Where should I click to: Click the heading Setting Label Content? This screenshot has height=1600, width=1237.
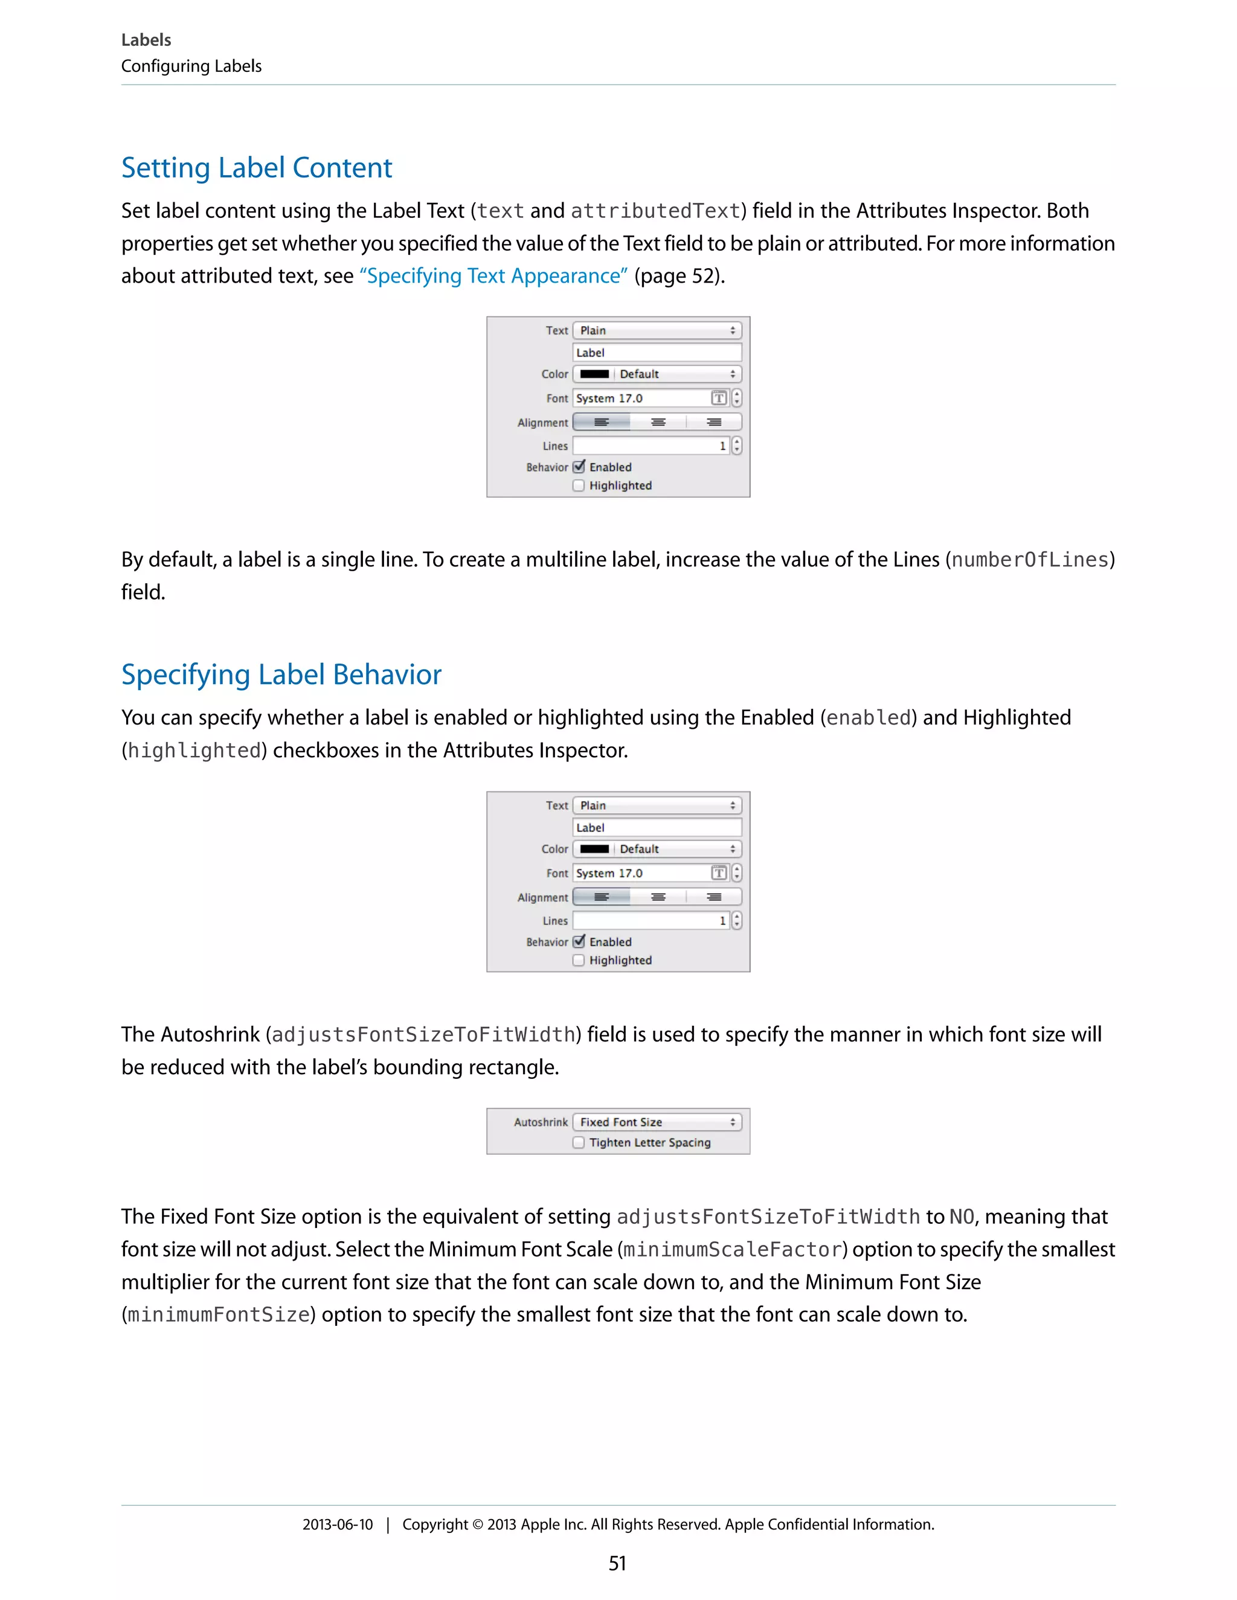click(x=257, y=168)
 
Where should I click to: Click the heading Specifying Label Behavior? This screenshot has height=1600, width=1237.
click(x=281, y=675)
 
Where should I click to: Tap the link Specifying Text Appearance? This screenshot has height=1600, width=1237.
click(x=493, y=276)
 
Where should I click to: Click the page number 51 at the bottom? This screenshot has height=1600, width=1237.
click(x=617, y=1563)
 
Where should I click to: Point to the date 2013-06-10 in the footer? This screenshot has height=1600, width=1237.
click(x=337, y=1525)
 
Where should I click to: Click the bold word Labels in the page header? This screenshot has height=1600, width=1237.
click(x=146, y=40)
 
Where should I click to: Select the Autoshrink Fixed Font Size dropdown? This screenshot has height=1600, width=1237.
click(x=657, y=1122)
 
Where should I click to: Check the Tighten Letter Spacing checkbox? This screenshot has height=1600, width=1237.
click(x=579, y=1142)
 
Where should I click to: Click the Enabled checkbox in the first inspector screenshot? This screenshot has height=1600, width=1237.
click(x=579, y=467)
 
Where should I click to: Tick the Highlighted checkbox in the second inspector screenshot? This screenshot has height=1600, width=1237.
click(x=579, y=960)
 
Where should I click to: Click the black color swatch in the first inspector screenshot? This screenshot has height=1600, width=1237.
click(x=594, y=374)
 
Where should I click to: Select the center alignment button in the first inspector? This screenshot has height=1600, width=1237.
click(x=658, y=422)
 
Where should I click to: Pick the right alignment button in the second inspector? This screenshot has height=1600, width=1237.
click(x=714, y=897)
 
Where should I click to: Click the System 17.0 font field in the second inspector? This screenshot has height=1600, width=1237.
click(x=641, y=872)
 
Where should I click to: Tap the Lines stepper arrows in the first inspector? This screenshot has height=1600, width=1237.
click(x=736, y=446)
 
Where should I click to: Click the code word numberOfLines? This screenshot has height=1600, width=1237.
click(x=1030, y=560)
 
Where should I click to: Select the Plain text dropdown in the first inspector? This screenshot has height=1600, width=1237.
click(x=657, y=330)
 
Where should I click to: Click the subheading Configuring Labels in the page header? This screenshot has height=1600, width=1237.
click(x=191, y=66)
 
